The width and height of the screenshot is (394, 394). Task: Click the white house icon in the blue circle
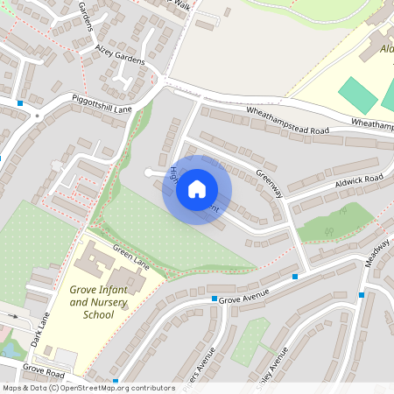pos(197,189)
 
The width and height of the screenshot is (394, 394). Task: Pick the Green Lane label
pos(132,260)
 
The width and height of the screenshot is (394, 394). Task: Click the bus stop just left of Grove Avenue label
pos(213,299)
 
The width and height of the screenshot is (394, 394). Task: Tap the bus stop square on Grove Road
pos(116,381)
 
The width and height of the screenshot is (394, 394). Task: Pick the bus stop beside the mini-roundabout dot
pos(19,103)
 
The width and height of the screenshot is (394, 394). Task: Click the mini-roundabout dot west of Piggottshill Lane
pos(37,116)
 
